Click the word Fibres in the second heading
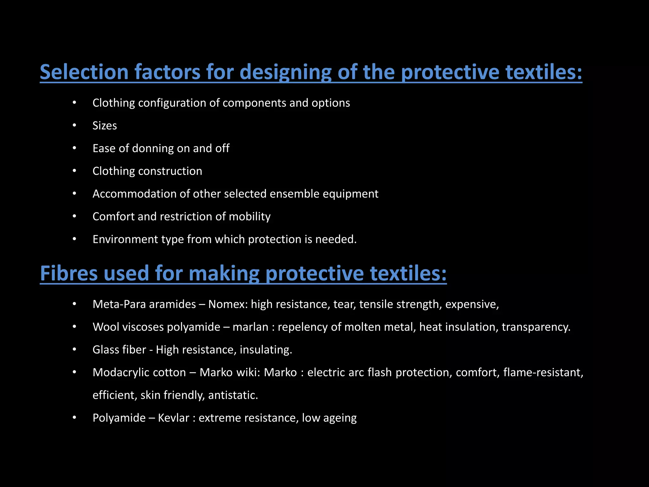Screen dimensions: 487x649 69,273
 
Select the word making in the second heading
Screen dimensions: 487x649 224,274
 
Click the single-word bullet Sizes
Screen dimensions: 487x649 105,126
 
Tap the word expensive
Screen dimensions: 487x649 472,305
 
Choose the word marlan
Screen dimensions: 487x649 250,327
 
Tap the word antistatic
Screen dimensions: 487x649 233,395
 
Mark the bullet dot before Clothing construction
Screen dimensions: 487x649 74,171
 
